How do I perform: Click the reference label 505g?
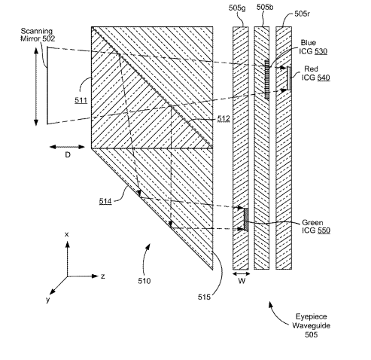237,8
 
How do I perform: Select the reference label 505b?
265,8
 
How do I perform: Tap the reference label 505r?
302,14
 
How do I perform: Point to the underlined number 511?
81,100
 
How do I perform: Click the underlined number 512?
224,118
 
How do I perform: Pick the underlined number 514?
105,201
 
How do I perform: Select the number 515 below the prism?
204,297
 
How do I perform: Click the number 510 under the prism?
144,281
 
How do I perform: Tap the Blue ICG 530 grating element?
267,79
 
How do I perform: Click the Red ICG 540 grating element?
289,78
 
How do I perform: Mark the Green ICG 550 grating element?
246,219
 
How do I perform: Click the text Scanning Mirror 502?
38,35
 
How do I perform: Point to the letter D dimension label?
68,155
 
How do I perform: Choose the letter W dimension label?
242,281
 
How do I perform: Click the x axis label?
66,234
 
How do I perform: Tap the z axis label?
103,276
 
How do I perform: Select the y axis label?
48,299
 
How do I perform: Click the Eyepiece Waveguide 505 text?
311,325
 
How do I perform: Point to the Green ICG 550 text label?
316,227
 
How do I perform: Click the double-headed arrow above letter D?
67,147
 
